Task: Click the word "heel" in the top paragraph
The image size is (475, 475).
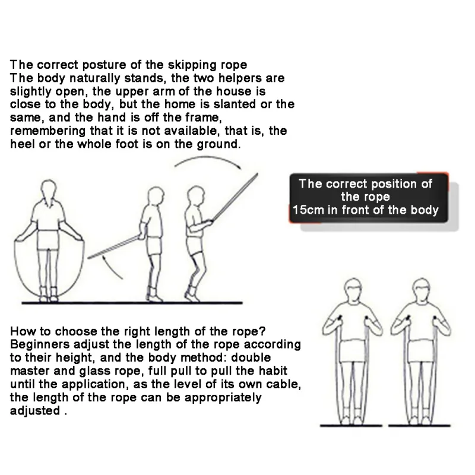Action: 22,144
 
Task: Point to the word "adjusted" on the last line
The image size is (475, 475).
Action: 35,411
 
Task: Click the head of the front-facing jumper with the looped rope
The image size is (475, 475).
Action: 49,189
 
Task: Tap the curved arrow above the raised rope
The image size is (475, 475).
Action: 208,157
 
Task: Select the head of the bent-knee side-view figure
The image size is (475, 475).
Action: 195,195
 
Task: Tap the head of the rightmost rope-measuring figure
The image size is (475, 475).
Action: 422,289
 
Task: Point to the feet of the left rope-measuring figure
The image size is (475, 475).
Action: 351,420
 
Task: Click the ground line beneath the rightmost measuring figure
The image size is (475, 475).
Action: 419,426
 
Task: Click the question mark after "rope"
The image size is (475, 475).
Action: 262,331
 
